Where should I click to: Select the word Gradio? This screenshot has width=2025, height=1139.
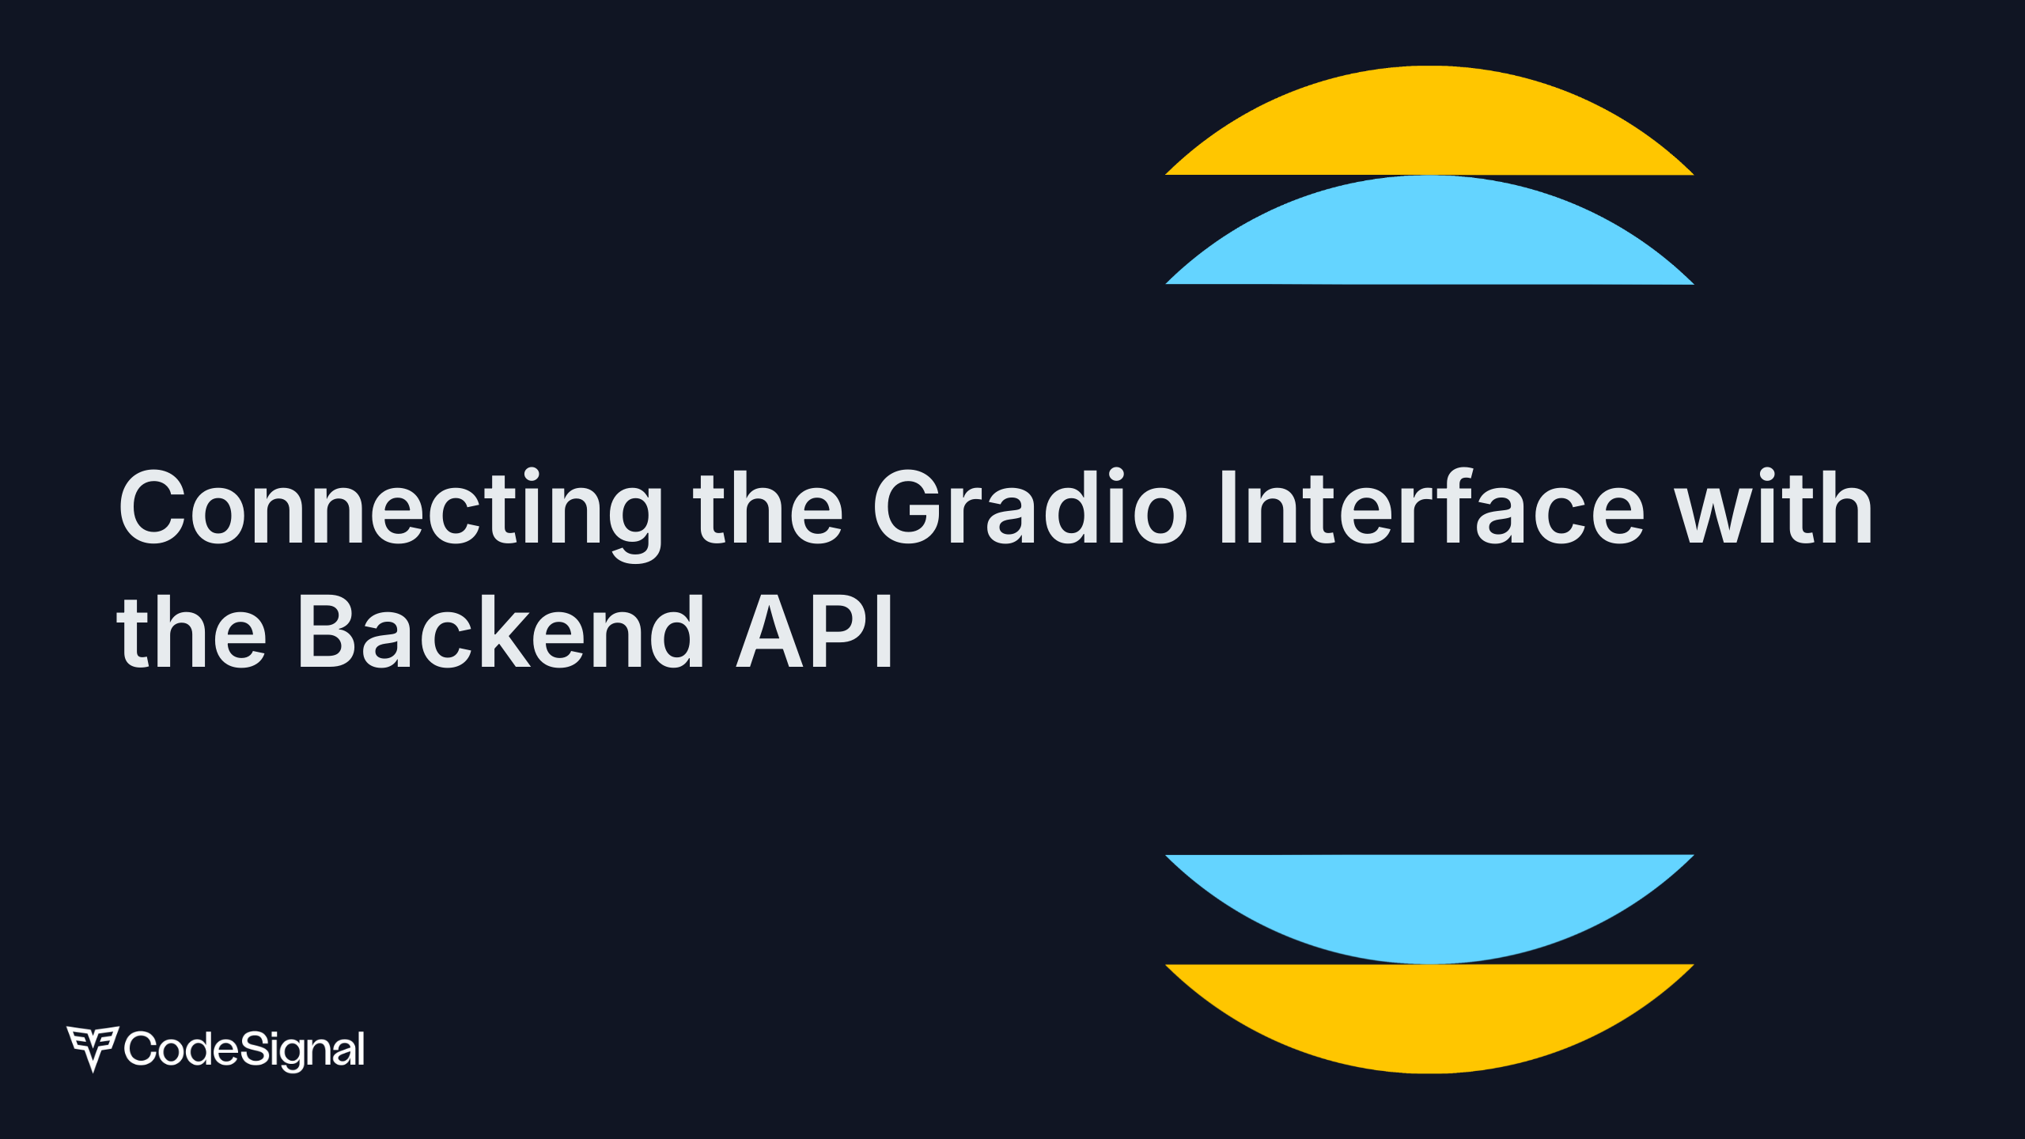pyautogui.click(x=1030, y=508)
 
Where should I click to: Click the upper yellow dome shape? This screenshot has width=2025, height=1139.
pyautogui.click(x=1429, y=127)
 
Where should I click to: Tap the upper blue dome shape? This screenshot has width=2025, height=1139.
pyautogui.click(x=1429, y=236)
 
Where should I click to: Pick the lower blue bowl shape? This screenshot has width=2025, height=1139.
pyautogui.click(x=1429, y=902)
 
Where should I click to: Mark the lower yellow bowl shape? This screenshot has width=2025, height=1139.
pyautogui.click(x=1429, y=1012)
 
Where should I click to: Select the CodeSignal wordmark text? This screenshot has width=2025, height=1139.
pyautogui.click(x=244, y=1050)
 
